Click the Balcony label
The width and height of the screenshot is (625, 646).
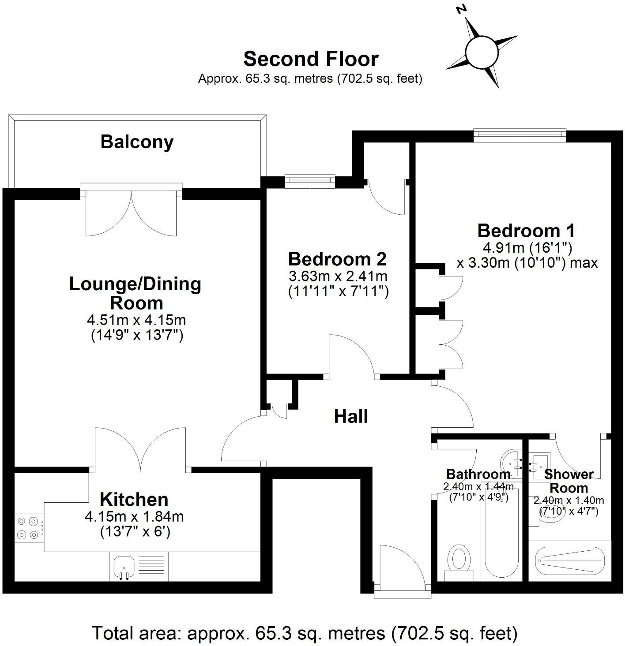(137, 142)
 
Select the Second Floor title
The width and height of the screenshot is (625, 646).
(311, 59)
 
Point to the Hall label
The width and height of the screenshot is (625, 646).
(351, 416)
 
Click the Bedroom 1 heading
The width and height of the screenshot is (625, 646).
(526, 231)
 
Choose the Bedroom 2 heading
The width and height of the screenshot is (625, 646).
(337, 259)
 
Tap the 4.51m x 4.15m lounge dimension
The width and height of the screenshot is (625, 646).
(136, 320)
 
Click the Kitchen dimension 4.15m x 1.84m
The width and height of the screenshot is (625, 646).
(134, 516)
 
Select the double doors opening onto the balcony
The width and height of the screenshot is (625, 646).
(132, 212)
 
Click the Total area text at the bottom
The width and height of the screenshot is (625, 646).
(304, 633)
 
